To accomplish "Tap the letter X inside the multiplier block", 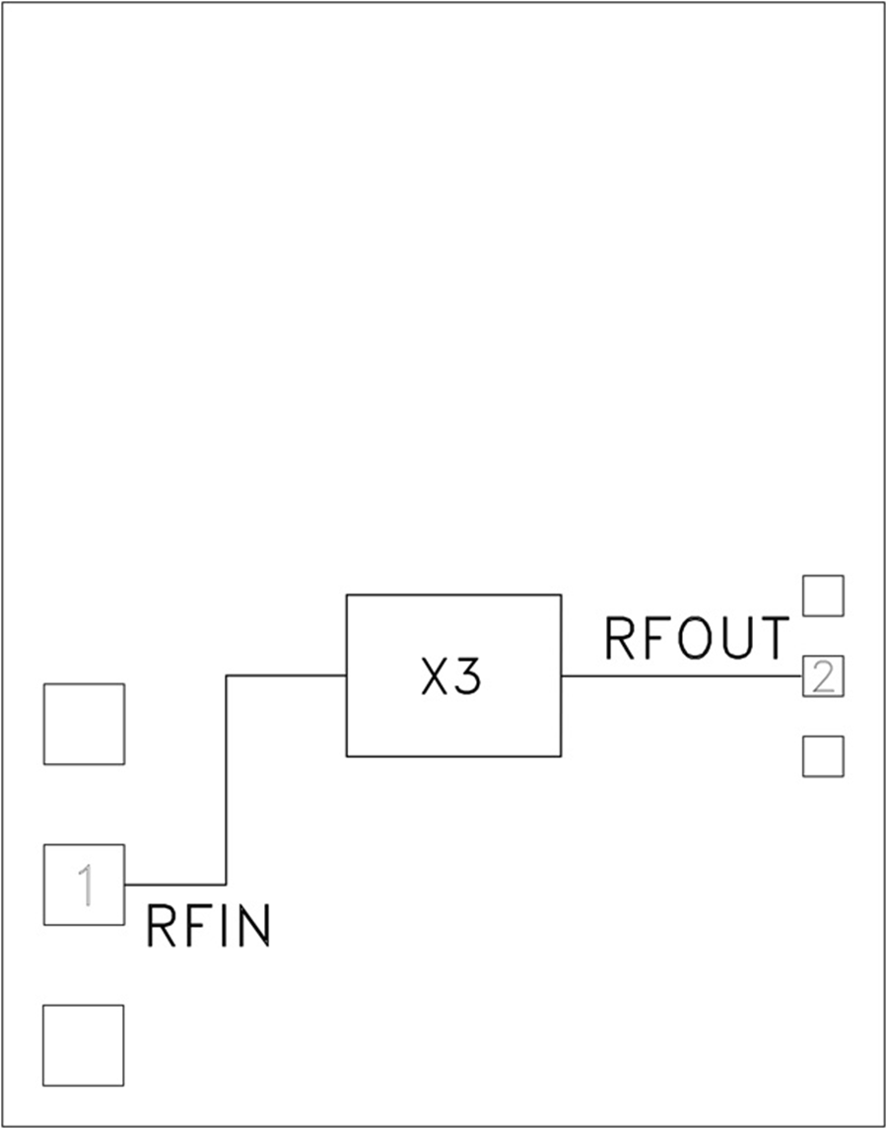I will (435, 677).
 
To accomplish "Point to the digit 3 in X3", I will (469, 677).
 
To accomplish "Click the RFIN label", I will (208, 927).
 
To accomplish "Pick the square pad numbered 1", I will (84, 884).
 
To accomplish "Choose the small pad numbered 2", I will (823, 676).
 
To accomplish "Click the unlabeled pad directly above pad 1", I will (84, 724).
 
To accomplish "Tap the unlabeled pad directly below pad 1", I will (84, 1045).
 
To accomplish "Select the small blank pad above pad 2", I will (823, 596).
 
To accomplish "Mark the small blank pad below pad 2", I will (823, 756).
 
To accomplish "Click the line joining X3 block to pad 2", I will (680, 676).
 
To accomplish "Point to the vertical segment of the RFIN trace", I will (227, 779).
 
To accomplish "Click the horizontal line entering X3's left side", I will (286, 675).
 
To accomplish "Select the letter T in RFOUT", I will (774, 638).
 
